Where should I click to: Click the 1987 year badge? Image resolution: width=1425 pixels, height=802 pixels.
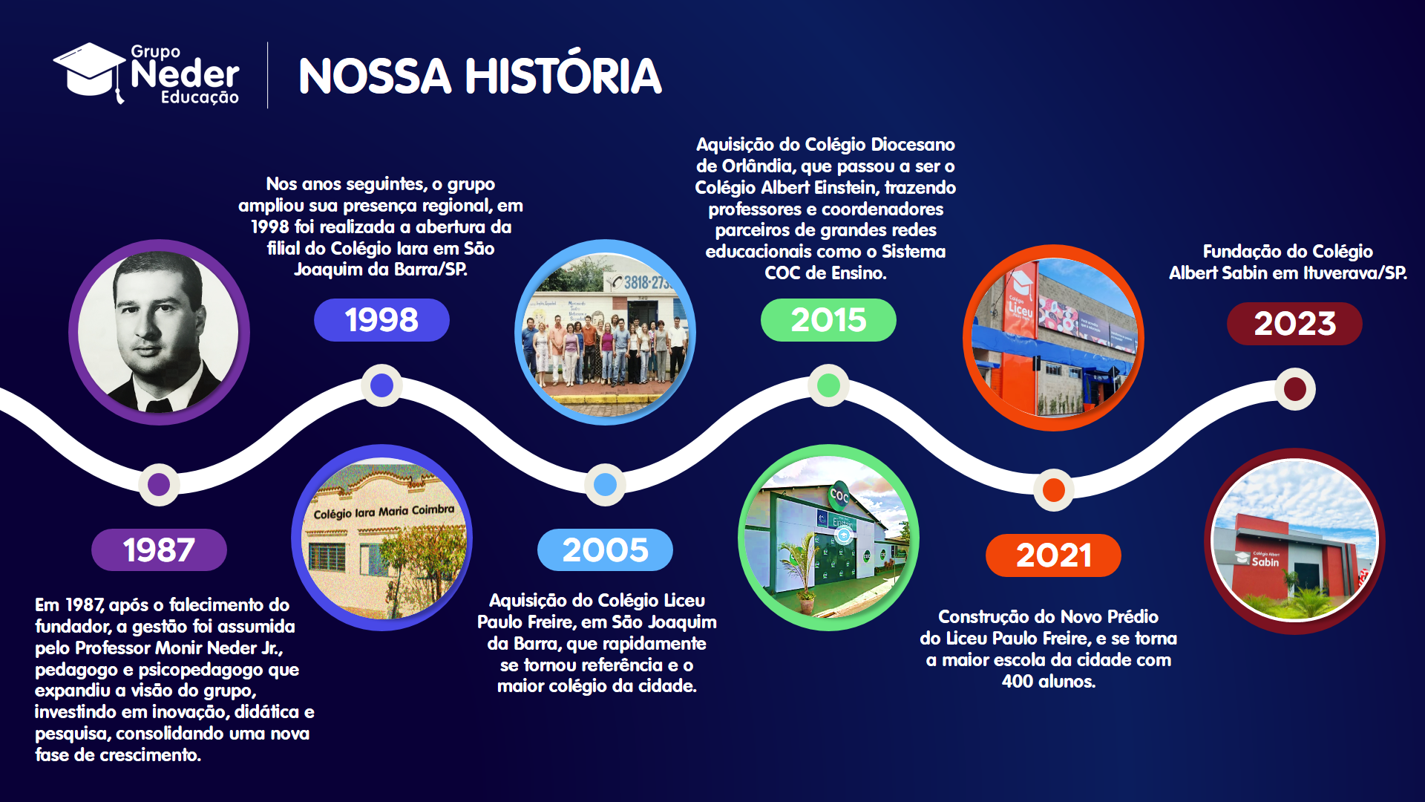[159, 550]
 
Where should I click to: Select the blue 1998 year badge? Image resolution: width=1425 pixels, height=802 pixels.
[381, 320]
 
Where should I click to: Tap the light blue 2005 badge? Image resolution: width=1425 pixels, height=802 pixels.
[605, 550]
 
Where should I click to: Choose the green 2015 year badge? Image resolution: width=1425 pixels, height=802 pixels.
[828, 320]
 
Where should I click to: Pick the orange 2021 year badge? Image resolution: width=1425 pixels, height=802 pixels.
[1053, 555]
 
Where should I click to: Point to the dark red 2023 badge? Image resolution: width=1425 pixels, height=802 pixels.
[1294, 324]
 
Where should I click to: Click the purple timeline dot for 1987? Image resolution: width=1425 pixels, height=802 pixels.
[159, 484]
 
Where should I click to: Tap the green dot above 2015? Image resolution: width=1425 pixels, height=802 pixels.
[828, 385]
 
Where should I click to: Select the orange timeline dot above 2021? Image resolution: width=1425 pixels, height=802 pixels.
[1054, 490]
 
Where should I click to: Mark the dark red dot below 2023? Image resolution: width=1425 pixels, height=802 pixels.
[1295, 389]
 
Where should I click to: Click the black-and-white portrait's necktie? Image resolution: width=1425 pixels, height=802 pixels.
[158, 405]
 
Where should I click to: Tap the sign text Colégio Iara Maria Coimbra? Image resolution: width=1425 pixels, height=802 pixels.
[384, 512]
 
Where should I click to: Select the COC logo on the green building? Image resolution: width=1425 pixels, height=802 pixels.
[839, 495]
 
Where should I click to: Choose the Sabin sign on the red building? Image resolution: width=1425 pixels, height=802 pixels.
[1265, 562]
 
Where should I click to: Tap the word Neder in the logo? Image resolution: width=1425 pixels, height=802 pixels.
[185, 74]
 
